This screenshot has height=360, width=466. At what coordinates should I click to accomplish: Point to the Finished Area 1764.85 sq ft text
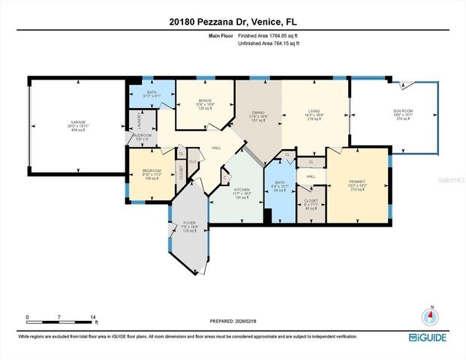[269, 35]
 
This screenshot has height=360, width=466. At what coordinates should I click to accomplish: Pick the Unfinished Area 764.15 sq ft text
[269, 44]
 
